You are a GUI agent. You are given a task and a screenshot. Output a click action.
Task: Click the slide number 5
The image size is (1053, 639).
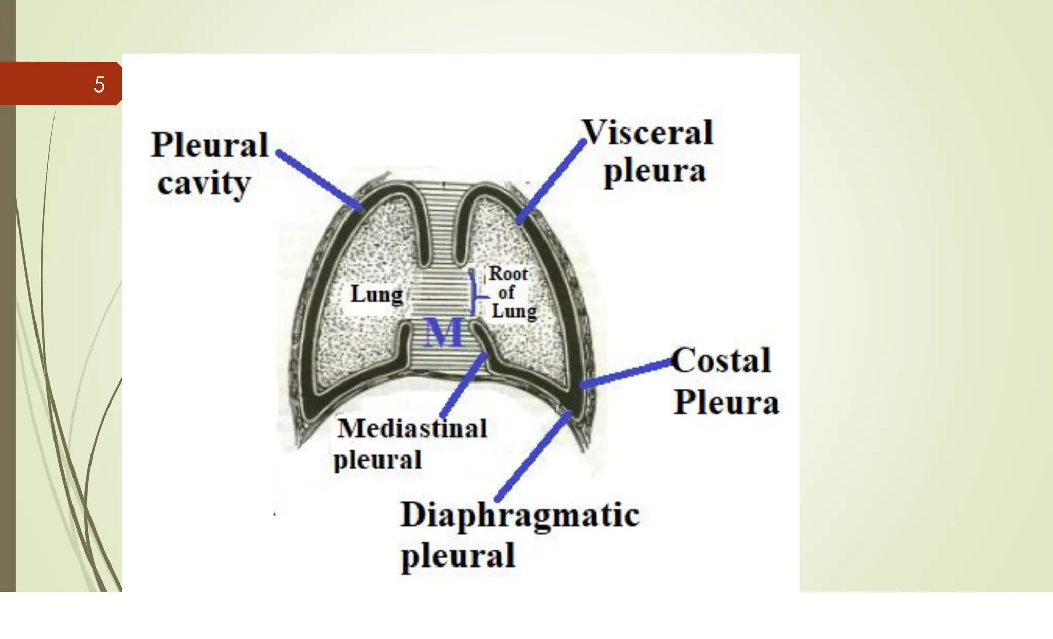99,84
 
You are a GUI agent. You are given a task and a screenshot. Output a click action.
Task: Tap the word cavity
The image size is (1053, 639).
204,182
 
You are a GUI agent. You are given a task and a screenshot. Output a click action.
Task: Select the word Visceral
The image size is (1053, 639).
648,133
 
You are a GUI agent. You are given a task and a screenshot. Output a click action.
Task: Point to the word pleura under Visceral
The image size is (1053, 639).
655,171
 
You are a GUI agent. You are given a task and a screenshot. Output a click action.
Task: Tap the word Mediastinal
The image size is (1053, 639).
412,428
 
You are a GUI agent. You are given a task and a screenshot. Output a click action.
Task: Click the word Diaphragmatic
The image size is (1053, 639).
520,515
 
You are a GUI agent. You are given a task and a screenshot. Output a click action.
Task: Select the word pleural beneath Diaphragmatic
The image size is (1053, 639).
458,555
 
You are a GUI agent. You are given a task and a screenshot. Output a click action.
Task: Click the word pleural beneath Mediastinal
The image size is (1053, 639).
378,459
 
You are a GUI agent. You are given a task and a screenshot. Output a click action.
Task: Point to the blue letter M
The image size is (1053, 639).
443,333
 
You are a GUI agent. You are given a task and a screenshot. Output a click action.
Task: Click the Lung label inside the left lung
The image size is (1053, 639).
376,295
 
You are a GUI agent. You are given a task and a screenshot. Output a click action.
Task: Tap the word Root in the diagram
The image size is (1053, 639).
508,273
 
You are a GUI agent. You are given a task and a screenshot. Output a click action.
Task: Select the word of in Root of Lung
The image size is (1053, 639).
506,293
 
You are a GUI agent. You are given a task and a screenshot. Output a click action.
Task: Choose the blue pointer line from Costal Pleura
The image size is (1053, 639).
625,373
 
